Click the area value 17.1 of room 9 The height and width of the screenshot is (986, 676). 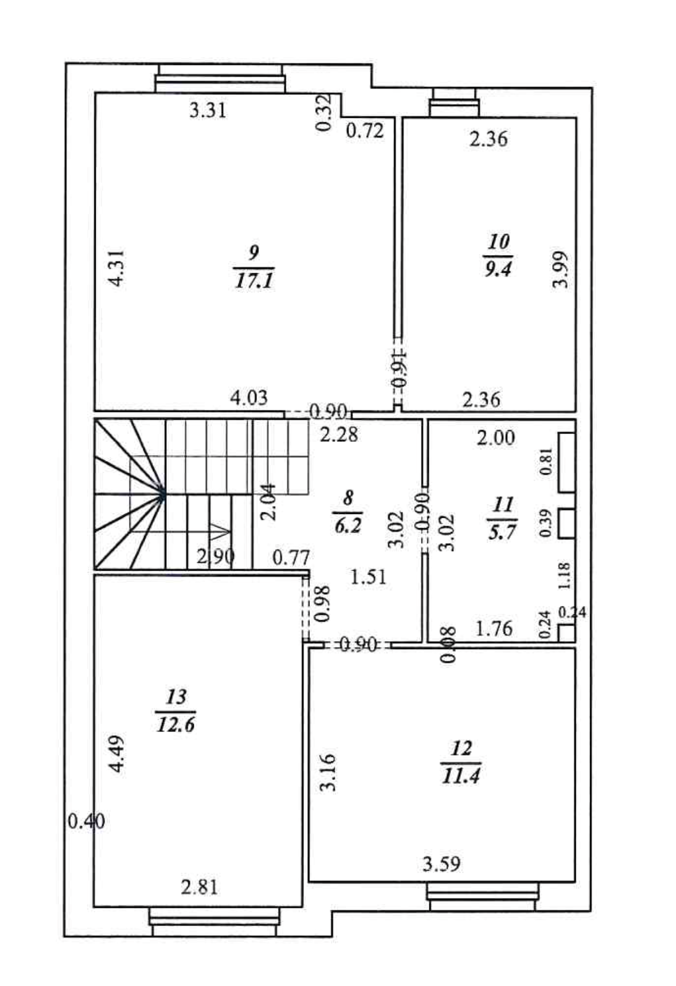[254, 281]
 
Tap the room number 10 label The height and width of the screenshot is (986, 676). [498, 241]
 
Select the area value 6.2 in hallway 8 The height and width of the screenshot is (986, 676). [347, 525]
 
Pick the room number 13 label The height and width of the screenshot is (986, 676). [176, 697]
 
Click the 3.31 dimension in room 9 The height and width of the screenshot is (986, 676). [208, 111]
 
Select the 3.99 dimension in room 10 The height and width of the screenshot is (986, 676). [560, 269]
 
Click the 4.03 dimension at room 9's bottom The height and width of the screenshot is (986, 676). [249, 397]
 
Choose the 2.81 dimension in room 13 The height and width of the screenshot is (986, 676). [199, 887]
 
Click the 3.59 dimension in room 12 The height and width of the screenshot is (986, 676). [441, 864]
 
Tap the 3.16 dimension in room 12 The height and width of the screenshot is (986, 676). [328, 772]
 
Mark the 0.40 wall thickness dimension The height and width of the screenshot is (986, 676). [86, 821]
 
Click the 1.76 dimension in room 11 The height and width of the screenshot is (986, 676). [494, 629]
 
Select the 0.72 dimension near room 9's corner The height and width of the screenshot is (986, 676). [364, 131]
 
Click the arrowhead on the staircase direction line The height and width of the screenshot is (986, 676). [222, 531]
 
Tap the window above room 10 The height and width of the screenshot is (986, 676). [454, 103]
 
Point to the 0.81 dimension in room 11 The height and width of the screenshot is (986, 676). [547, 461]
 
